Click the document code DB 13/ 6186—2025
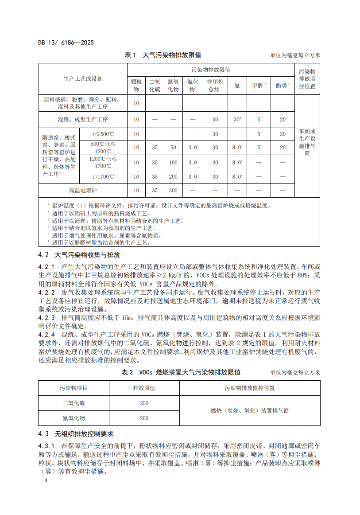tap(66, 43)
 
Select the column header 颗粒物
tap(136, 86)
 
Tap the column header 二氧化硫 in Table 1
tap(155, 86)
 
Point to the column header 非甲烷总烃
tap(215, 86)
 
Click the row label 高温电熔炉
tap(83, 191)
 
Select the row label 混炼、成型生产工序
tap(83, 120)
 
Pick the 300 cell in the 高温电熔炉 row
tap(173, 191)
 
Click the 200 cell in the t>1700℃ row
tap(173, 176)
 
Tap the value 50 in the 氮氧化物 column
tap(173, 148)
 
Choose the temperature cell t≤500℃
tap(103, 134)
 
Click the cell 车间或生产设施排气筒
tap(307, 142)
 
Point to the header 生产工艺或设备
tap(83, 79)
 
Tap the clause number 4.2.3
tap(46, 318)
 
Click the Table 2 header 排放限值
tap(144, 388)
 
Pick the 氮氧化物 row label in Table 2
tap(74, 417)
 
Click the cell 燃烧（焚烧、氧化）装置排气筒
tap(249, 410)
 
